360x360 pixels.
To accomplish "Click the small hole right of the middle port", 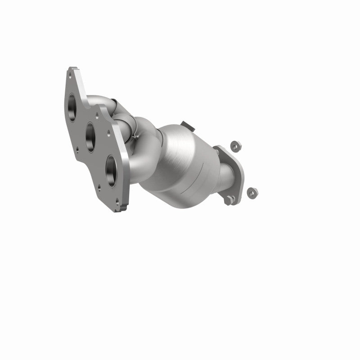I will [x=108, y=132].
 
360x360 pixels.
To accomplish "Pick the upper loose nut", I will [x=234, y=146].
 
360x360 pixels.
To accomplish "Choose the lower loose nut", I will [x=252, y=193].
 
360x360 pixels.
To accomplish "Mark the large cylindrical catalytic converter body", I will [x=184, y=153].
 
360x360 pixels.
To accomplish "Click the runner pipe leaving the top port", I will [x=97, y=100].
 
